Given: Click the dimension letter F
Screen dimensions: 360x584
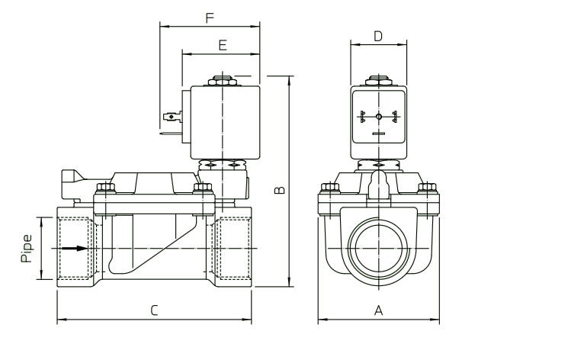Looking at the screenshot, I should (x=210, y=18).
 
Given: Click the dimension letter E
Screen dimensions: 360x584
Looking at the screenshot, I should (x=222, y=46).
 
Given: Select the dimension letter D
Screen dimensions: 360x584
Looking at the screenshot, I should (x=378, y=36).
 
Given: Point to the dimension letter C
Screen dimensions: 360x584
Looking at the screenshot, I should (x=154, y=310).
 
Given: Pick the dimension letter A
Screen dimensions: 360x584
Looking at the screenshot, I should (x=378, y=310).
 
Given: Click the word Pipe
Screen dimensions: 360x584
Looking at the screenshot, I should (x=27, y=249).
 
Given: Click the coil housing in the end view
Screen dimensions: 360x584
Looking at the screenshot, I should (x=378, y=122).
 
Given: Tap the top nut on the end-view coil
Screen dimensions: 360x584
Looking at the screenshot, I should (x=378, y=79).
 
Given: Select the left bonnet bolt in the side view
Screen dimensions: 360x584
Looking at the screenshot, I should (x=104, y=188).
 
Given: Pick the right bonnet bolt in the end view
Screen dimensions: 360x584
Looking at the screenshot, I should (x=428, y=188).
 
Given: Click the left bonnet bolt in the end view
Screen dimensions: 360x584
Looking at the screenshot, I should (x=329, y=188).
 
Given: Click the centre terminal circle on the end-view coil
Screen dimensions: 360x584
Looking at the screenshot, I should (x=378, y=117).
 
